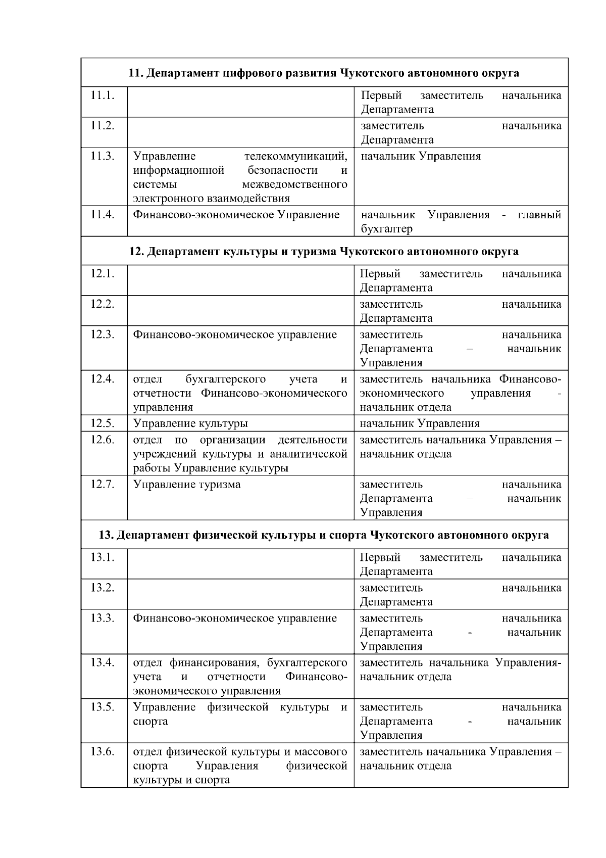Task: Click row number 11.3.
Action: (103, 156)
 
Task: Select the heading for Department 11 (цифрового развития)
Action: (324, 73)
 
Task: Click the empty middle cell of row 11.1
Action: (240, 103)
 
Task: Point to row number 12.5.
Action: (103, 423)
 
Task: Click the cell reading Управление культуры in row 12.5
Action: (190, 423)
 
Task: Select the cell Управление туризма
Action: (187, 485)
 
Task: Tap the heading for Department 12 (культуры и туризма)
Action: (324, 252)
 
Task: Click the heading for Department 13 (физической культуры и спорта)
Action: (324, 535)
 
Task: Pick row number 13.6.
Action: (103, 751)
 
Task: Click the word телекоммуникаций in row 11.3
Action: (295, 156)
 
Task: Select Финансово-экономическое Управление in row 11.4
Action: (236, 215)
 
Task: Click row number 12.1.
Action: (103, 274)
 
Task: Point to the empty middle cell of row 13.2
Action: (240, 594)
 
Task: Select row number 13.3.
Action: (103, 618)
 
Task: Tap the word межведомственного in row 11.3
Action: (294, 184)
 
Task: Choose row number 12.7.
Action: (103, 485)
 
